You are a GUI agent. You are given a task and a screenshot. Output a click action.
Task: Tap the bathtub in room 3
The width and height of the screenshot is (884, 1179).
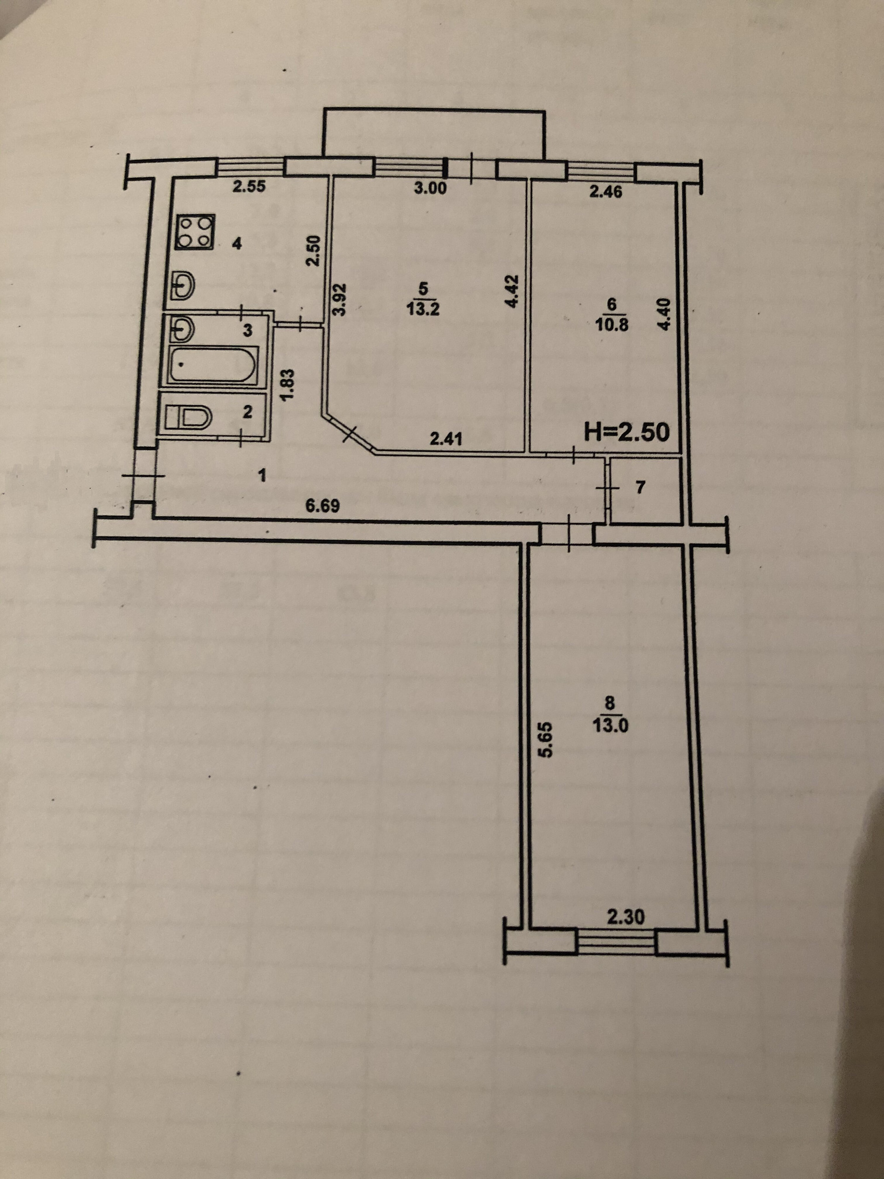coord(213,364)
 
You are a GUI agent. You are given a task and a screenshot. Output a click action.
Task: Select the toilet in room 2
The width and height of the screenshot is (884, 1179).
coord(187,416)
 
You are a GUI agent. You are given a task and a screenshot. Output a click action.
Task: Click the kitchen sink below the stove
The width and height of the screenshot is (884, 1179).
coord(184,286)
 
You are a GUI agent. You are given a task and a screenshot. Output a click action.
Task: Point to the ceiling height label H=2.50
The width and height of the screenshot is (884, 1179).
coord(627,432)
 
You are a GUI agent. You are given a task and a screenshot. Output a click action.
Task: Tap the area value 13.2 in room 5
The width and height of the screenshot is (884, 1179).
coord(423,309)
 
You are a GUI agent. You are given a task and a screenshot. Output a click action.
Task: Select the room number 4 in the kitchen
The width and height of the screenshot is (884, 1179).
coord(237,244)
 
